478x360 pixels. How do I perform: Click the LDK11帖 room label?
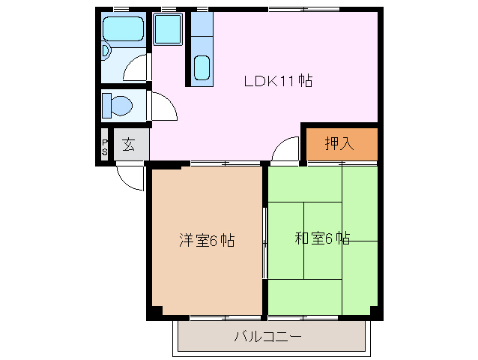[278, 81]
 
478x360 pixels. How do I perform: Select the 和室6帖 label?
[322, 238]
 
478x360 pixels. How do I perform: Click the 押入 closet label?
[339, 143]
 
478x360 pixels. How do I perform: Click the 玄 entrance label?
[129, 145]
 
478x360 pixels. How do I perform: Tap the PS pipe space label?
[105, 145]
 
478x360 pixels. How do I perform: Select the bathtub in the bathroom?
[123, 29]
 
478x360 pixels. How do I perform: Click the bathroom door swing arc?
[137, 70]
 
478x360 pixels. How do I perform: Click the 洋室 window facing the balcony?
[208, 317]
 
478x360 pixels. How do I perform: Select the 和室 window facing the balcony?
[322, 317]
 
